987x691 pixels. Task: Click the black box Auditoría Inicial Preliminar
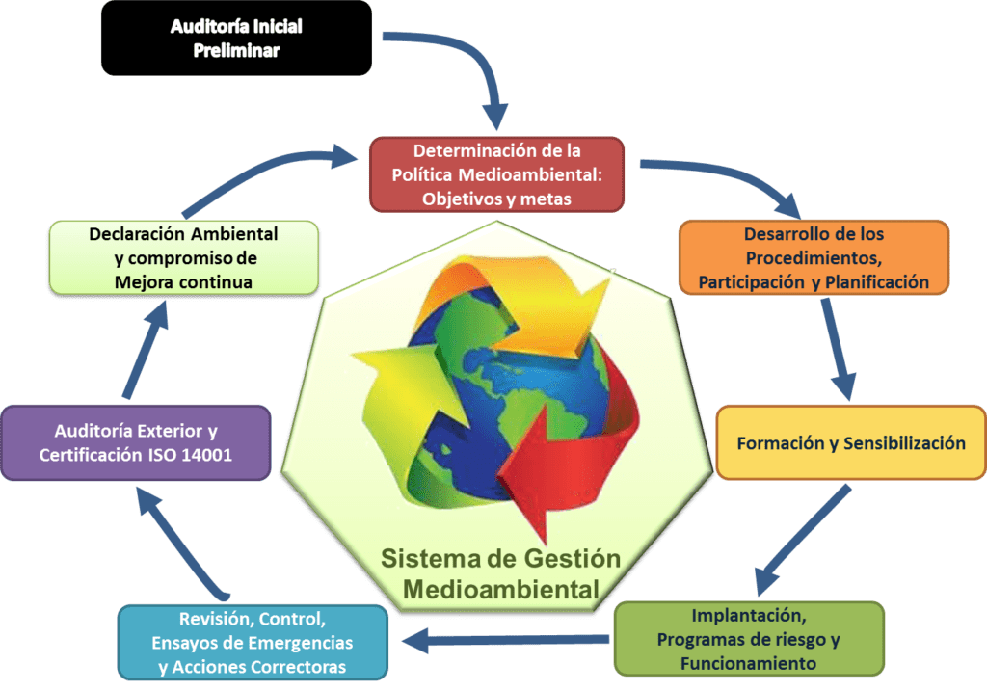click(x=237, y=39)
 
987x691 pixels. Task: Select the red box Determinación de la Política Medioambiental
click(x=496, y=174)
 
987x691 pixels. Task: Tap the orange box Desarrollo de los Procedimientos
click(x=814, y=257)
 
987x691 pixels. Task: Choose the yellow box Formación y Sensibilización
click(x=851, y=442)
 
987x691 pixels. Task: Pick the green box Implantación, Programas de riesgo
click(x=749, y=639)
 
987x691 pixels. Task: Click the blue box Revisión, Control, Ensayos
click(x=253, y=643)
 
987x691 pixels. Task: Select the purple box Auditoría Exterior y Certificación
click(x=136, y=443)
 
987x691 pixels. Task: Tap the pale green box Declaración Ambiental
click(x=184, y=257)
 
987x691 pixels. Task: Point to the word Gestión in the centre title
click(x=573, y=559)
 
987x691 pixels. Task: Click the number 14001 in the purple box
click(x=206, y=454)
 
